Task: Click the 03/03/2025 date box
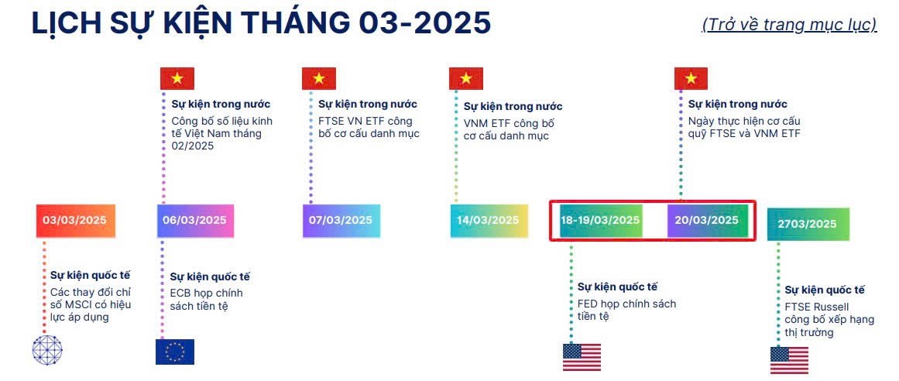(x=75, y=221)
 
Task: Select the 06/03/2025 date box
(x=195, y=221)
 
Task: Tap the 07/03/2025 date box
(x=341, y=221)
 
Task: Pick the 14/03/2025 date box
(x=489, y=221)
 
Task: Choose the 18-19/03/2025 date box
(x=601, y=220)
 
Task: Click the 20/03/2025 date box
(x=707, y=220)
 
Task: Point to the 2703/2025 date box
(x=808, y=224)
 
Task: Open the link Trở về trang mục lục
(x=788, y=24)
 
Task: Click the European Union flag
(x=174, y=352)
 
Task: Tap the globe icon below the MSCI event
(x=46, y=350)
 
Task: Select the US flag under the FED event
(x=582, y=356)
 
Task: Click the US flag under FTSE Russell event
(x=789, y=359)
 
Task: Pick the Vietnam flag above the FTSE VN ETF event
(x=318, y=78)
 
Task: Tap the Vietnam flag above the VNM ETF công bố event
(x=466, y=78)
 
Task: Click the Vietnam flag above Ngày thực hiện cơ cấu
(x=691, y=78)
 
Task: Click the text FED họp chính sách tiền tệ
(x=626, y=310)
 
